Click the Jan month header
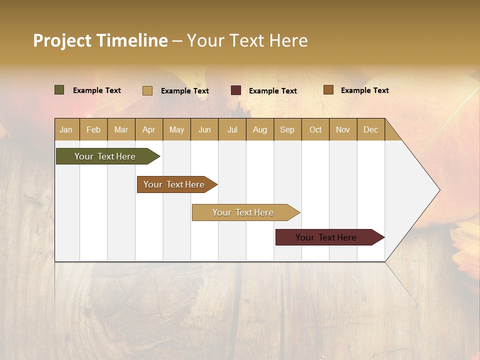click(66, 129)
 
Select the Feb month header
click(93, 129)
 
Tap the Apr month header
click(149, 129)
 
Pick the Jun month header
click(204, 129)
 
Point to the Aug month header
click(260, 129)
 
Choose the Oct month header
click(315, 129)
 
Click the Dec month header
click(371, 129)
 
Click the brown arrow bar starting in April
click(175, 184)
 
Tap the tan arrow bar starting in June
click(244, 212)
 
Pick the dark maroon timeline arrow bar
click(327, 237)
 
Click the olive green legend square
click(59, 90)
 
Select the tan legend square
click(147, 90)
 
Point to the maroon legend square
click(235, 90)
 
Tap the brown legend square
click(328, 90)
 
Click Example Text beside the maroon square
click(273, 91)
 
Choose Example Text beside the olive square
click(97, 90)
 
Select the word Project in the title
click(62, 41)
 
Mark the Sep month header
click(287, 129)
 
